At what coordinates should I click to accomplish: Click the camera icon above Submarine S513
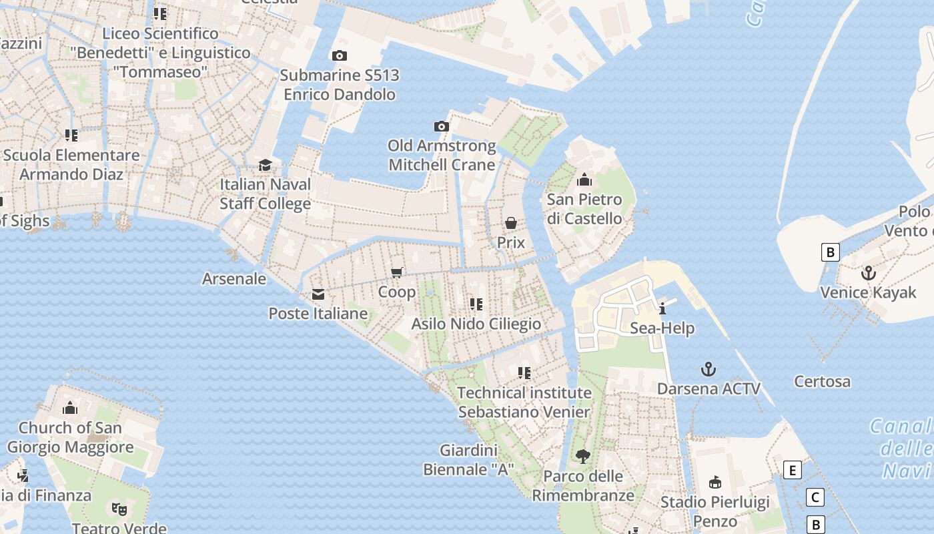click(340, 56)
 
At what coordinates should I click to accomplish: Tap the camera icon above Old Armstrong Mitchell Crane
click(441, 127)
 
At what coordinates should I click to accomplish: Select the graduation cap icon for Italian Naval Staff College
click(266, 165)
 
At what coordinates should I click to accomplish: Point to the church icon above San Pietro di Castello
click(584, 180)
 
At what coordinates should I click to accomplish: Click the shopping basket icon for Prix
click(511, 223)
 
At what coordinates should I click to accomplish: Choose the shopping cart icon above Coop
click(397, 272)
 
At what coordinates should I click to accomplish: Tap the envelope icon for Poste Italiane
click(318, 294)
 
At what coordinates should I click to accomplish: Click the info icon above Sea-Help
click(662, 308)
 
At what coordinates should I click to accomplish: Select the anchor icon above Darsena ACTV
click(708, 369)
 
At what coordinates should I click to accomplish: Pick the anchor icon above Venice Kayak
click(868, 273)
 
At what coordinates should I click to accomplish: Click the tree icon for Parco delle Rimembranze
click(582, 457)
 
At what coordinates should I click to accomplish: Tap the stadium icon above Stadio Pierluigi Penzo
click(715, 482)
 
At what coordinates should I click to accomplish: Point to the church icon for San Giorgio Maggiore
click(70, 408)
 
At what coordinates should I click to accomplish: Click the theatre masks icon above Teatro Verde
click(119, 509)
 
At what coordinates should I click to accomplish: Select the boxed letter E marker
click(793, 471)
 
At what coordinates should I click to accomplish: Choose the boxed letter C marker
click(815, 497)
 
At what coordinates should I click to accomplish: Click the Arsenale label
click(234, 279)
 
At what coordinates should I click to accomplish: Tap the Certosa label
click(822, 382)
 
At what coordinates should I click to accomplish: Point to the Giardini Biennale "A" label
click(468, 460)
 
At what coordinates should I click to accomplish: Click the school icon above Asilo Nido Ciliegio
click(476, 304)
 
